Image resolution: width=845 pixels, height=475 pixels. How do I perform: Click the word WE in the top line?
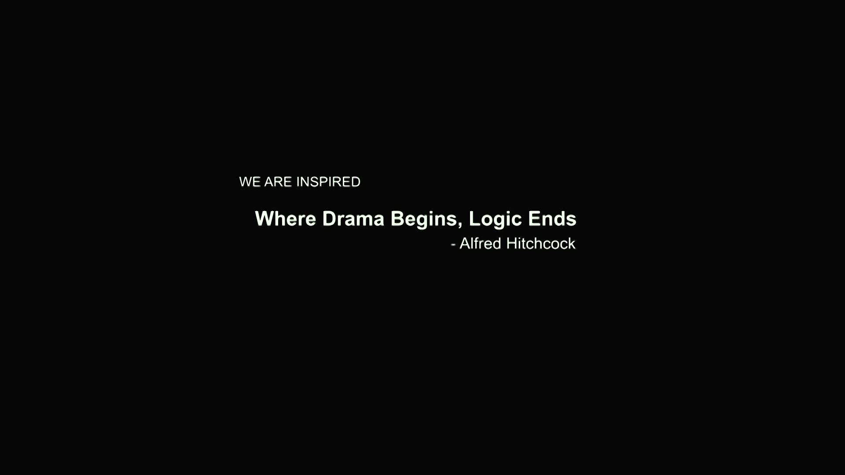coord(250,182)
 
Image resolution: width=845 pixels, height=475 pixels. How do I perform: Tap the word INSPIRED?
coord(328,182)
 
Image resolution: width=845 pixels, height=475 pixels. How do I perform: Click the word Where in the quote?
coord(285,219)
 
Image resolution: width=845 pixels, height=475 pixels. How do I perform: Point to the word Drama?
coord(353,219)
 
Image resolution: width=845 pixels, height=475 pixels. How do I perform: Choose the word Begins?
coord(424,220)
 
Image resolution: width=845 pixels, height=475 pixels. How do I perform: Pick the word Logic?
coord(496,220)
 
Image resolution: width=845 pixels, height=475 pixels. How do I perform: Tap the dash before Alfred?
coord(453,245)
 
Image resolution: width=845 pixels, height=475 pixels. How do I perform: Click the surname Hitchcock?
coord(541,243)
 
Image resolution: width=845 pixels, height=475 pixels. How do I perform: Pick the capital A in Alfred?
coord(465,243)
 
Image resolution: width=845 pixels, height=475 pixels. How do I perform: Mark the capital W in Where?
coord(265,219)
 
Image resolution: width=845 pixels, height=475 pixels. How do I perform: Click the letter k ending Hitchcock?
coord(572,243)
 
